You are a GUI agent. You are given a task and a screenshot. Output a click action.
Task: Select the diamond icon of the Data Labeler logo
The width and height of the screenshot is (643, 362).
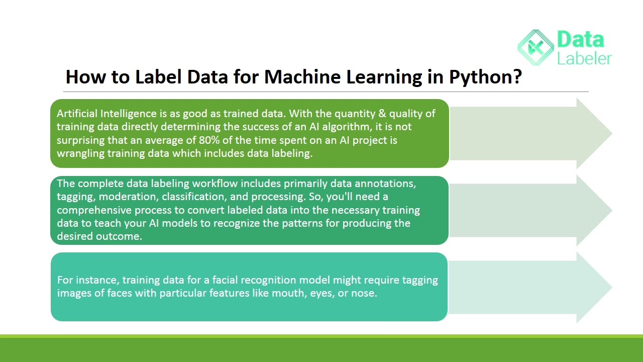pyautogui.click(x=536, y=47)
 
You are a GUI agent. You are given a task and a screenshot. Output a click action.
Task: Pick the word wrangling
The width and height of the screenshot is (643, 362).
pyautogui.click(x=80, y=153)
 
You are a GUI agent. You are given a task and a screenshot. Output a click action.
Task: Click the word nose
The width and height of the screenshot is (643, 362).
pyautogui.click(x=363, y=293)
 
